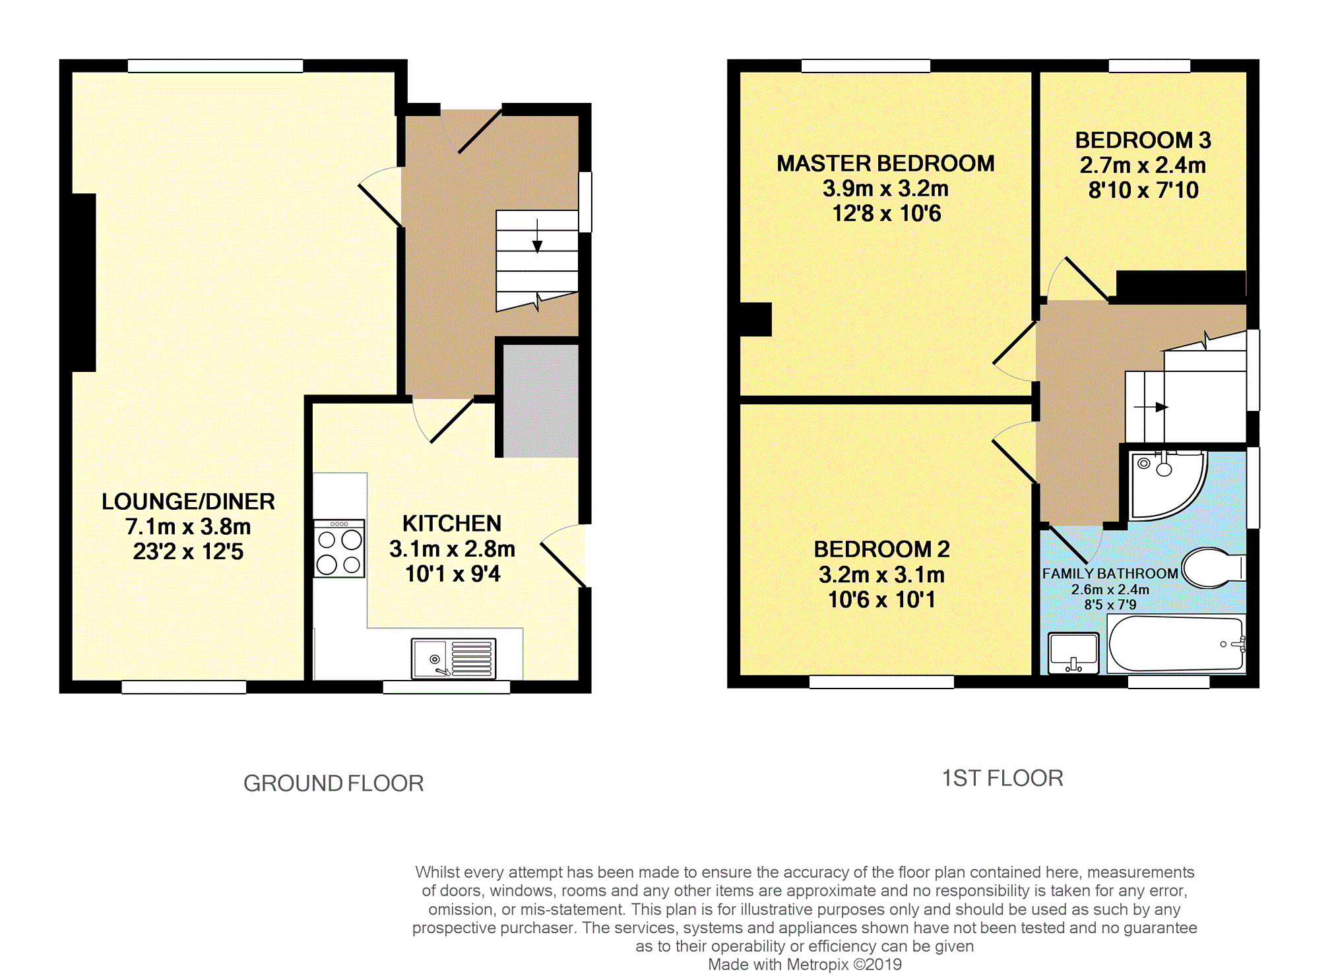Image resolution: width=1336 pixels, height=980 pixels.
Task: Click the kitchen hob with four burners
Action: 339,549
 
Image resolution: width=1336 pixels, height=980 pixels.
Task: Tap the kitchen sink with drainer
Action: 453,658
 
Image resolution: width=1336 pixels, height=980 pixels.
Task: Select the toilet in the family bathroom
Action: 1213,568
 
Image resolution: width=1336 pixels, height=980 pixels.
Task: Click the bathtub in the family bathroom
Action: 1176,644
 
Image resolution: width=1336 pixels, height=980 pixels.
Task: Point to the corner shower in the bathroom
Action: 1164,485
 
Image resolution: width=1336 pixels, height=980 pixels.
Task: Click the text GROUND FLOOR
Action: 333,783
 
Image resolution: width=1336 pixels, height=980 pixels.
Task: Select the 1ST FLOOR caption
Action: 1002,778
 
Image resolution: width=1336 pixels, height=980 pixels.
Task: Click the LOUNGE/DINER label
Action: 188,502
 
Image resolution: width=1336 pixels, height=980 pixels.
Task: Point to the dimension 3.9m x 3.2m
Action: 885,189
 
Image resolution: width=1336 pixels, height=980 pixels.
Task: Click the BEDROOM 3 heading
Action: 1143,140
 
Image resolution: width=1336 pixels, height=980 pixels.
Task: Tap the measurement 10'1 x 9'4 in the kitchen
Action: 453,574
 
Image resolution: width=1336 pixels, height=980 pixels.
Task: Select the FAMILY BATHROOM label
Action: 1110,574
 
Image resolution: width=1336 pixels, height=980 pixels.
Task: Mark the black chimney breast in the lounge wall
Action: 84,282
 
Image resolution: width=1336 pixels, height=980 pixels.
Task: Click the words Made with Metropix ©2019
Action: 804,965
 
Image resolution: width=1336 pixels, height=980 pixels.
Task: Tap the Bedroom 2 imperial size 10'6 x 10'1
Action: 881,600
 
